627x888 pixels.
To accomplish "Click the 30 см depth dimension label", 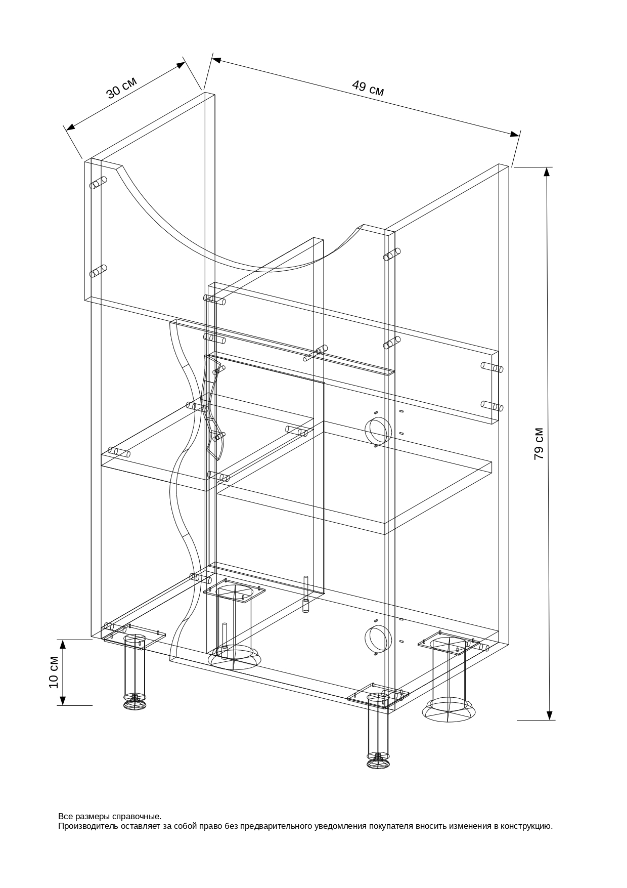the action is point(121,88).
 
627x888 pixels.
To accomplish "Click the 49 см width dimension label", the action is point(368,88).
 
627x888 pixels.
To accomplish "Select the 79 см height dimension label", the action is point(539,444).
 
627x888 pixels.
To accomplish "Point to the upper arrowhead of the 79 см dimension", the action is point(547,172).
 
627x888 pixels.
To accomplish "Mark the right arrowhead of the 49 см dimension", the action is point(515,134).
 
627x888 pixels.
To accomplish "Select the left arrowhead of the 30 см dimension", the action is point(71,127).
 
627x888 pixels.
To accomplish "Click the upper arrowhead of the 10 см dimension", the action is point(63,645).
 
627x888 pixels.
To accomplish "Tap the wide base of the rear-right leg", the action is point(450,709).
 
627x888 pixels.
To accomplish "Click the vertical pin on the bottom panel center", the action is point(305,594).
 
